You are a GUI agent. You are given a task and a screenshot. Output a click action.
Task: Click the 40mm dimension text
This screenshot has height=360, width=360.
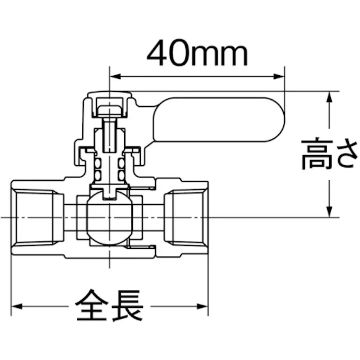click(x=197, y=53)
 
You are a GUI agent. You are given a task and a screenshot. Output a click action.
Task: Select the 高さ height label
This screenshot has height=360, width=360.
click(x=329, y=154)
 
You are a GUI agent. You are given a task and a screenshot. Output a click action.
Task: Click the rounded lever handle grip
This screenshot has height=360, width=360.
click(x=219, y=120)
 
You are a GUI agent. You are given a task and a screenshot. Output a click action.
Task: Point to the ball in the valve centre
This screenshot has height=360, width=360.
click(x=110, y=218)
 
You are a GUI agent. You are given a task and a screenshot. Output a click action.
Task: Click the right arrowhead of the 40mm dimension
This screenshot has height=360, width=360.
click(x=279, y=76)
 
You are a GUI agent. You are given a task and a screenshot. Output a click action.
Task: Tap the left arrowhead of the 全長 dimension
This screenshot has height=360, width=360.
click(x=17, y=306)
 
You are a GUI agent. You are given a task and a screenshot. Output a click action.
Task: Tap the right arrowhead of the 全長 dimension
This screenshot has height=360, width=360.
click(x=202, y=306)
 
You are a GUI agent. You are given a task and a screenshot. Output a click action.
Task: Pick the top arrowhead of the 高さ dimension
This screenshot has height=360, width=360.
click(x=330, y=97)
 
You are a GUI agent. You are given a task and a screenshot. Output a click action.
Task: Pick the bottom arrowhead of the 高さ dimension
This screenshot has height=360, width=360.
click(x=330, y=212)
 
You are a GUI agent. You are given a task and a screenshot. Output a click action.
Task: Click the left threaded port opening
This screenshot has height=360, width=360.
click(x=37, y=218)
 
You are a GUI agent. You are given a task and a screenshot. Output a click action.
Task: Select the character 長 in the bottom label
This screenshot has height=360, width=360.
click(x=127, y=305)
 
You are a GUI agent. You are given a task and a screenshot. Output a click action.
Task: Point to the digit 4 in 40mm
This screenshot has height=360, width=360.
click(x=157, y=53)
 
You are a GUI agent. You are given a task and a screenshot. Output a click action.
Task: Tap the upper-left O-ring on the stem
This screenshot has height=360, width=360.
click(x=97, y=164)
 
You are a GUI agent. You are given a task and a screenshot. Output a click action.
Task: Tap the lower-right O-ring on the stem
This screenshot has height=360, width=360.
click(x=122, y=176)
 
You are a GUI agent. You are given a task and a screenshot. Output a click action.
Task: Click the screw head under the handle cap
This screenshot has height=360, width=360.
click(x=110, y=110)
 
